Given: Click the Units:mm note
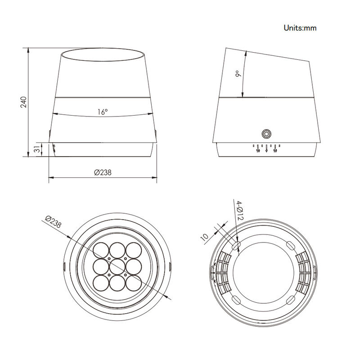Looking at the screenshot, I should click(x=300, y=28).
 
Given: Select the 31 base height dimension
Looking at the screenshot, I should click(x=37, y=149).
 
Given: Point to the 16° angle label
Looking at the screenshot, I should click(x=103, y=112).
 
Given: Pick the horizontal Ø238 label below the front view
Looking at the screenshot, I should click(x=103, y=172).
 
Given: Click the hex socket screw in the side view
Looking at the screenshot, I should click(x=267, y=134).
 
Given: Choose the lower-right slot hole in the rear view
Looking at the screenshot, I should click(x=291, y=299).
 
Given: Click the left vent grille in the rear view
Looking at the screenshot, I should click(x=222, y=272).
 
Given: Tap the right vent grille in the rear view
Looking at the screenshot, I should click(x=303, y=272).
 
